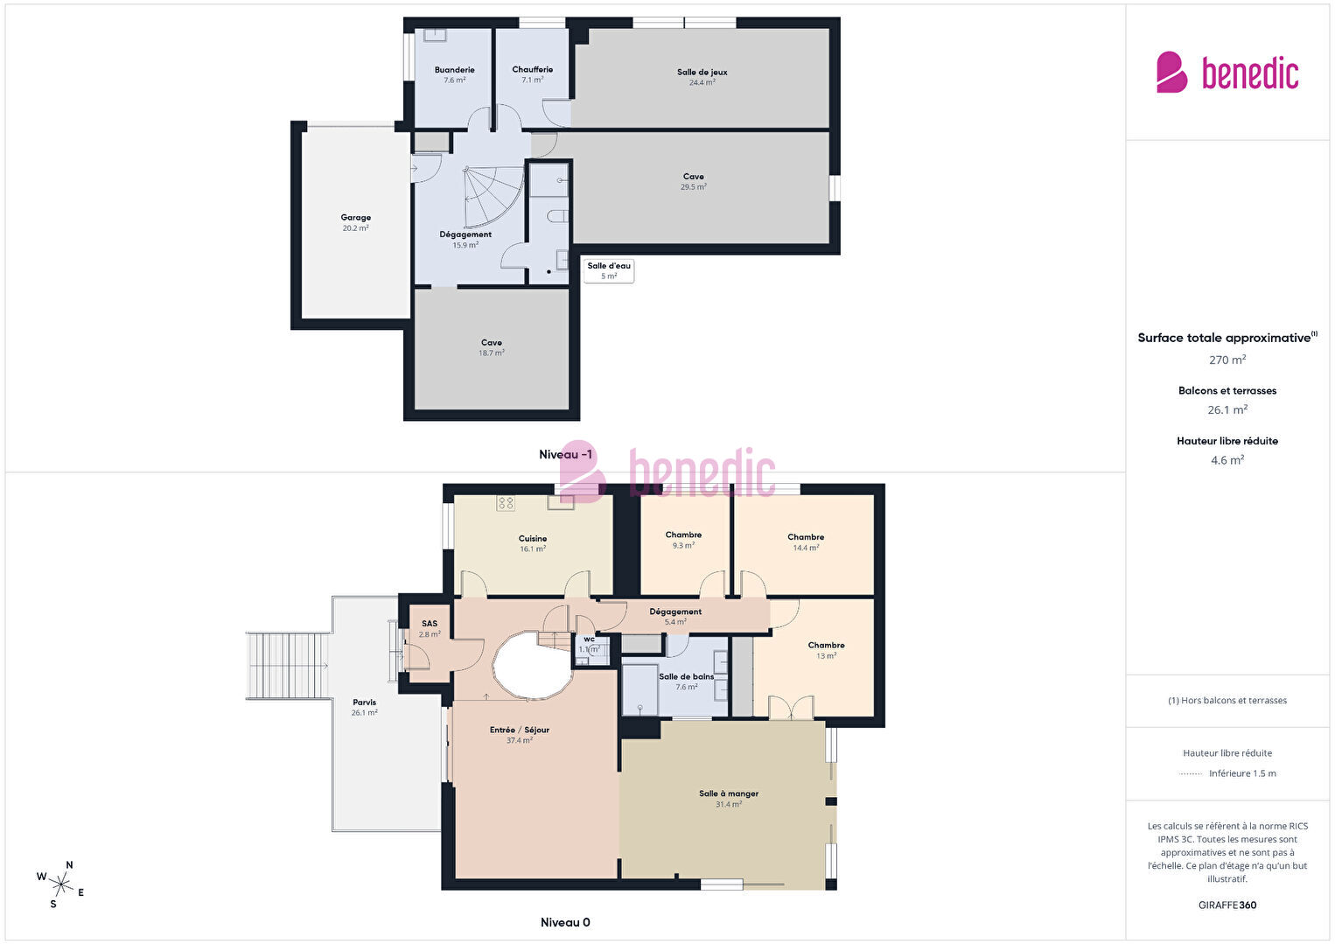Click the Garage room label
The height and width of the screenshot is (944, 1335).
point(356,218)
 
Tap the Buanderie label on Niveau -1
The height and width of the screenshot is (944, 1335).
point(454,70)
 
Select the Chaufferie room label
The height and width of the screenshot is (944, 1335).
point(532,69)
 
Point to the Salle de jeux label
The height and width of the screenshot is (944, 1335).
point(702,72)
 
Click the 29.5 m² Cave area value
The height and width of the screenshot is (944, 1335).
point(694,186)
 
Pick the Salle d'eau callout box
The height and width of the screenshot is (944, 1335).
point(609,270)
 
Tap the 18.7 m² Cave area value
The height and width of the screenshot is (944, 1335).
point(492,353)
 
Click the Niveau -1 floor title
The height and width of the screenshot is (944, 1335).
point(566,454)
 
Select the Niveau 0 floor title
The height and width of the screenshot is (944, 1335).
point(565,922)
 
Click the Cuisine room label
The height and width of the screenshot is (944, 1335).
point(532,538)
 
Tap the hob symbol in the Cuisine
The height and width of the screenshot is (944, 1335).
point(506,503)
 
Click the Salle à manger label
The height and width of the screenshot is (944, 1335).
point(728,794)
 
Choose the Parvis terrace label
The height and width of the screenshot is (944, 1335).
point(364,702)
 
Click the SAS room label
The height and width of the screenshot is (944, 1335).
point(429,624)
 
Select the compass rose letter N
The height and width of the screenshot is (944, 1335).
point(69,864)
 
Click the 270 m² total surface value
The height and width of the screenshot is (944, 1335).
point(1227,360)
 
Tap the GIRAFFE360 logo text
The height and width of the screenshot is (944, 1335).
point(1227,905)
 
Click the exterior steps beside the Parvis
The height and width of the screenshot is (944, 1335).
point(288,665)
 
